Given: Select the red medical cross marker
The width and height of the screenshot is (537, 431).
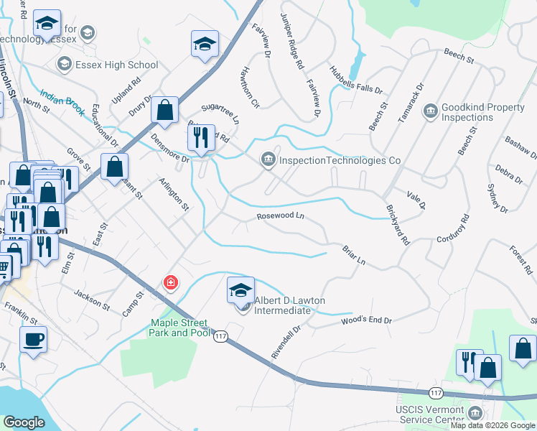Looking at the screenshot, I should [171, 282].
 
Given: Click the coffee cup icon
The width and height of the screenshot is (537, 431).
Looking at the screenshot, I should [32, 340].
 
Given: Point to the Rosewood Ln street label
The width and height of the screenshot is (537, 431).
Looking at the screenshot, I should [281, 216].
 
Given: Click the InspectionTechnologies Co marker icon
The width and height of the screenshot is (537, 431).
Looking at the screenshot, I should [268, 159].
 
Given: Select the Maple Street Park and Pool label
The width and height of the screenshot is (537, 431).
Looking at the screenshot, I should [179, 328].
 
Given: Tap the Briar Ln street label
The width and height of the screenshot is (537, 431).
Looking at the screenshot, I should [355, 255].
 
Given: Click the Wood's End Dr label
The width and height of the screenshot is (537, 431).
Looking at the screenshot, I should [367, 320].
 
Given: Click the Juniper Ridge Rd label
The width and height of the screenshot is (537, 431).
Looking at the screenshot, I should [293, 40].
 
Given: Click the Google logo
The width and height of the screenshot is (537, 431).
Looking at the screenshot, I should [24, 422].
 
